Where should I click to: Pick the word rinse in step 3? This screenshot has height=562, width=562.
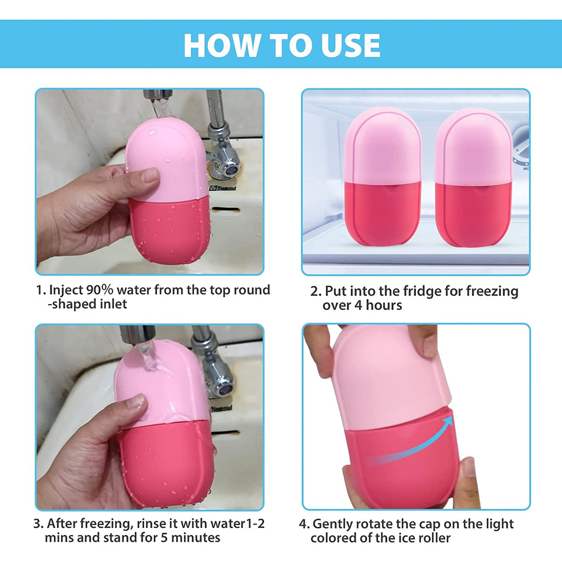point(151,524)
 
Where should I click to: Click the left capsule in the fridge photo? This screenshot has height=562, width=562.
point(383,177)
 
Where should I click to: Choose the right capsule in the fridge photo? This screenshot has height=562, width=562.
point(474,177)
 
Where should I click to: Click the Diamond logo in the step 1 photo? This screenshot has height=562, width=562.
point(223,188)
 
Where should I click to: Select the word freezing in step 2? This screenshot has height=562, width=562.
point(492,291)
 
